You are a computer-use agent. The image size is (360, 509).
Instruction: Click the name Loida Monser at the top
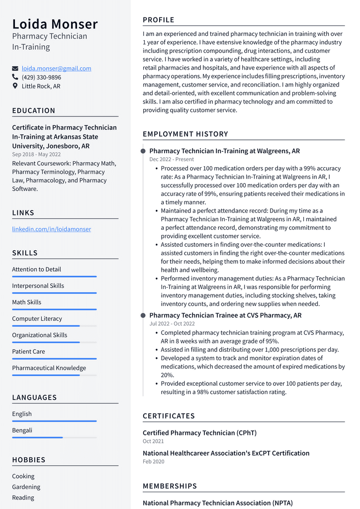tap(55, 24)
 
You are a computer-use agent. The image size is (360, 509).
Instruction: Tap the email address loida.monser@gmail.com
tap(56, 69)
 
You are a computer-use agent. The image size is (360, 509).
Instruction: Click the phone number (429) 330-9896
tap(41, 78)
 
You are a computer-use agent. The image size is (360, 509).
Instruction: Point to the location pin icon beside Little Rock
tap(15, 86)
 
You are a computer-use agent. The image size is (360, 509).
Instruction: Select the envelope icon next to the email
tap(15, 69)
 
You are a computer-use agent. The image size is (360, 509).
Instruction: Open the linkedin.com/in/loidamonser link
tap(51, 229)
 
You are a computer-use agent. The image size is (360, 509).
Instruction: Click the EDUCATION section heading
tap(34, 111)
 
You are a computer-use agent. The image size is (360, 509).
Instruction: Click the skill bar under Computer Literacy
tap(54, 326)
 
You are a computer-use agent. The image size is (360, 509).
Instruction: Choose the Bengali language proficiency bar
tap(54, 437)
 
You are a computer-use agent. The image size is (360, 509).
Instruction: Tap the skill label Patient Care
tap(28, 352)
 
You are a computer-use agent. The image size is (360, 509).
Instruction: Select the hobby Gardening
tap(26, 487)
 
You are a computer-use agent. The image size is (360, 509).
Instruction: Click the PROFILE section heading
tap(159, 20)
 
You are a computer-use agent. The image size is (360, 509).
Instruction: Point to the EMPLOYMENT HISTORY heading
tap(185, 134)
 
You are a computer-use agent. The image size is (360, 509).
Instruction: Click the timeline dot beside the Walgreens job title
tap(143, 151)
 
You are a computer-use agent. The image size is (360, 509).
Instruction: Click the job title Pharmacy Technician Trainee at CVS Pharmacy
tap(225, 315)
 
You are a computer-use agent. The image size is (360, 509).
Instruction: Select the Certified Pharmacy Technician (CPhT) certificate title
tap(199, 433)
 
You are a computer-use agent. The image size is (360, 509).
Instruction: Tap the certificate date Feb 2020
tap(154, 462)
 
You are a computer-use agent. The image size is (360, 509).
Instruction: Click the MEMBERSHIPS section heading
tap(170, 486)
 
